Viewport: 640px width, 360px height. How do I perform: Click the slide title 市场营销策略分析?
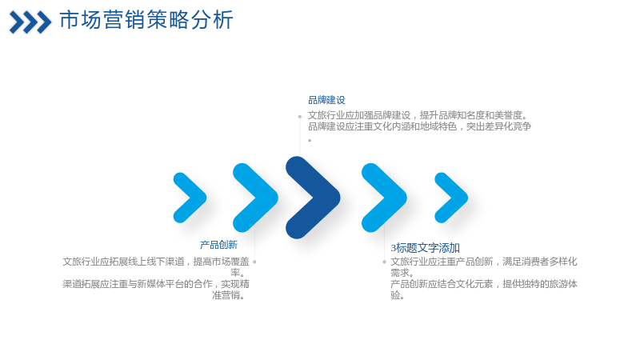click(146, 20)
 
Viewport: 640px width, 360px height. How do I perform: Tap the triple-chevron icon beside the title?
click(30, 22)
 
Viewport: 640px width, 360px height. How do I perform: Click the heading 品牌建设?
click(326, 100)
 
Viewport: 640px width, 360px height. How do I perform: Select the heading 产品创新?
click(218, 245)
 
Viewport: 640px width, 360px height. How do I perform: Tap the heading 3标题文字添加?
click(426, 248)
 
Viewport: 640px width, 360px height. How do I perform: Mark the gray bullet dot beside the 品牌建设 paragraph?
click(299, 117)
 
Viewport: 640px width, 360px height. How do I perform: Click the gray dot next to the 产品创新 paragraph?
click(254, 262)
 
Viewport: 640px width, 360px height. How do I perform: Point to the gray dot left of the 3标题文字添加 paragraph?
click(384, 262)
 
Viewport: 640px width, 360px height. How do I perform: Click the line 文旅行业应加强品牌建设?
click(418, 115)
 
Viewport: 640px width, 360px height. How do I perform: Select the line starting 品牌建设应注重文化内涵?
click(419, 126)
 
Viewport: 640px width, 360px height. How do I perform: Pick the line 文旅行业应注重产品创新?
click(484, 262)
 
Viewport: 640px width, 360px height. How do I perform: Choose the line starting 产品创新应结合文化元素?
click(484, 284)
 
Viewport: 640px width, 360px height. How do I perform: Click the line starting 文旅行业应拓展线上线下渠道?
click(156, 262)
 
